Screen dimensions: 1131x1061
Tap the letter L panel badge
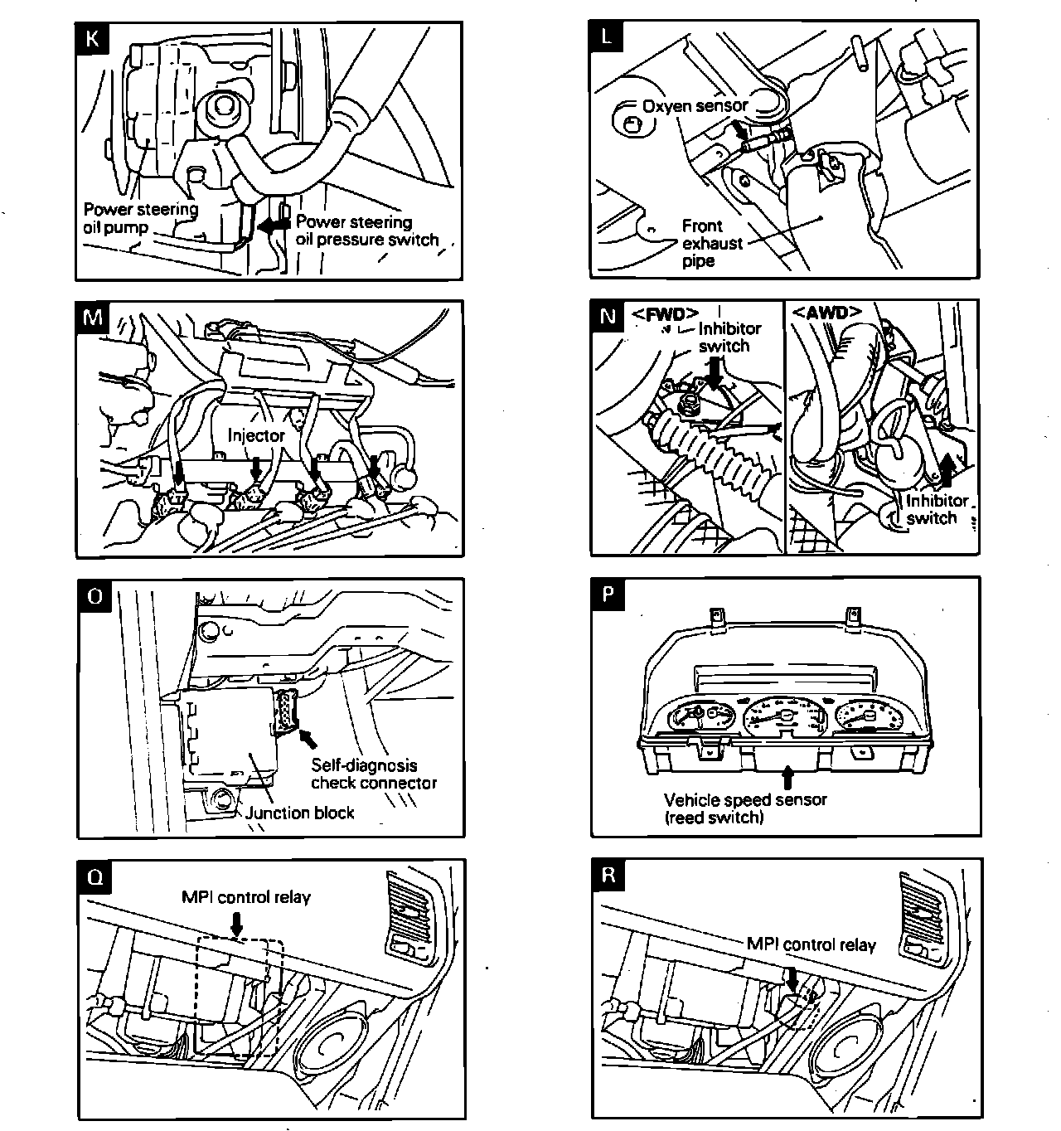pyautogui.click(x=608, y=36)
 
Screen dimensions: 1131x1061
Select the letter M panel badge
pyautogui.click(x=93, y=318)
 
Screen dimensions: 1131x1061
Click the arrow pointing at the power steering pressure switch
pyautogui.click(x=270, y=225)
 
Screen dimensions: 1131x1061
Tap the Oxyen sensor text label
pyautogui.click(x=695, y=105)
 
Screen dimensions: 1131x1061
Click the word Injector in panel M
pyautogui.click(x=256, y=435)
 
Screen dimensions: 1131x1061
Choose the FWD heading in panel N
pyautogui.click(x=665, y=315)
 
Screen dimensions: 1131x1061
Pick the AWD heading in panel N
pyautogui.click(x=826, y=313)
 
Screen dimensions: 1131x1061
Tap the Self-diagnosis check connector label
pyautogui.click(x=373, y=774)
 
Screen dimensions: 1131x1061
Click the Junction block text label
pyautogui.click(x=299, y=813)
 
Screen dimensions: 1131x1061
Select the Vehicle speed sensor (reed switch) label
pyautogui.click(x=744, y=808)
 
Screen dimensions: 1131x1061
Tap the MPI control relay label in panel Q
pyautogui.click(x=246, y=896)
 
